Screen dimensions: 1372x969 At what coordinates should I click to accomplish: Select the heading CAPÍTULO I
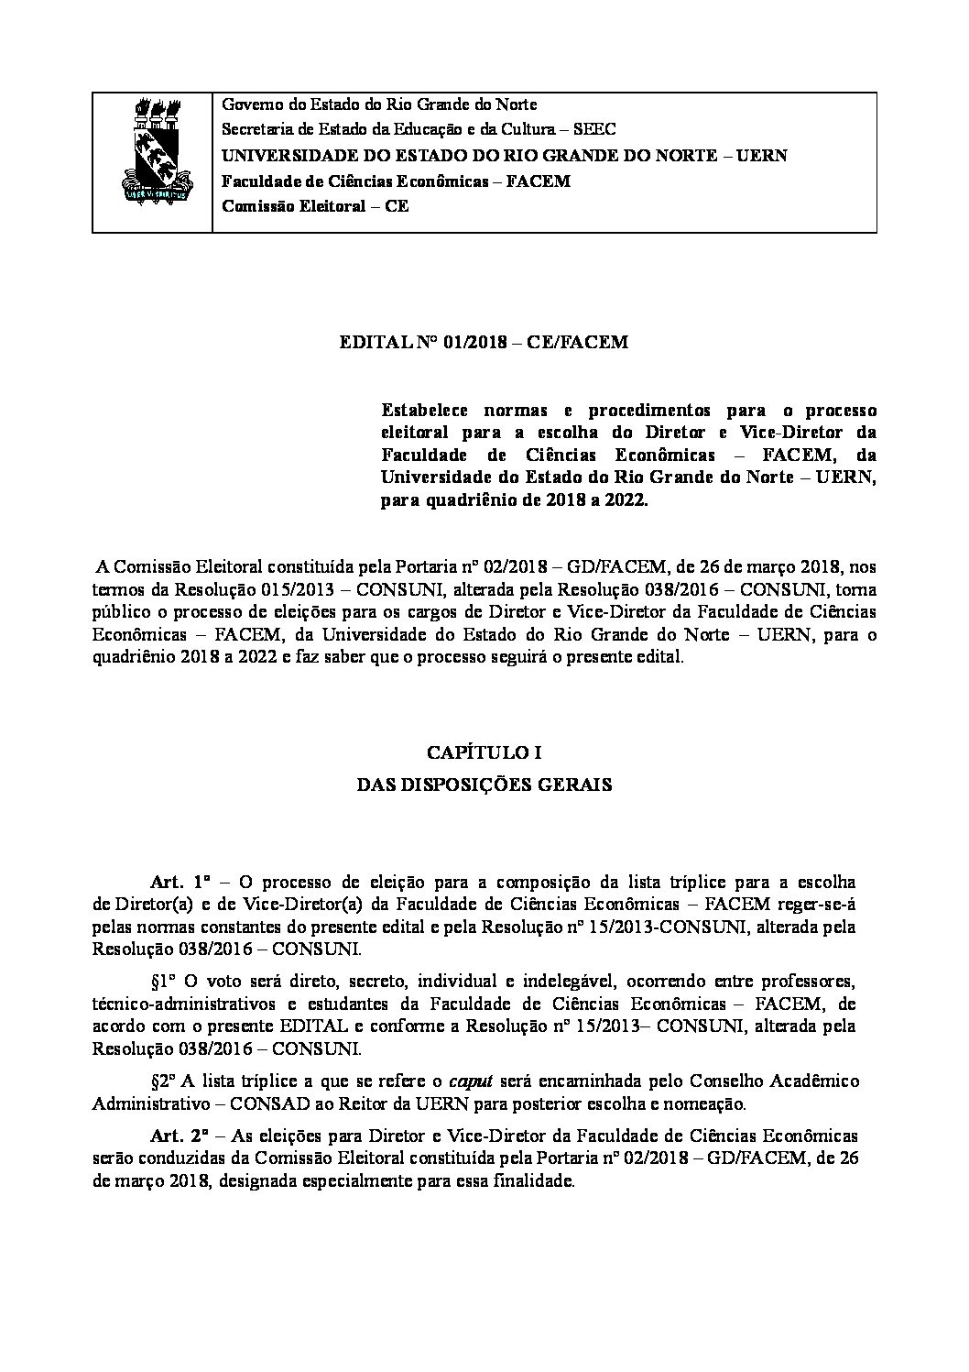point(484,753)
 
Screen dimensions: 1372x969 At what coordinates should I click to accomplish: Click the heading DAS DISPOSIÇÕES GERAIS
point(484,785)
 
